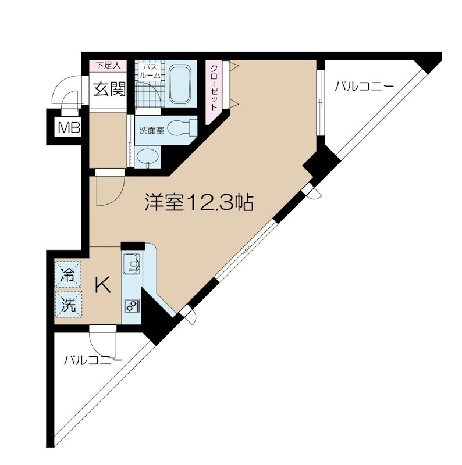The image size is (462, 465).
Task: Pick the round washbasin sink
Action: [x=148, y=156]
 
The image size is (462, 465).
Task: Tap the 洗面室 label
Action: [x=151, y=131]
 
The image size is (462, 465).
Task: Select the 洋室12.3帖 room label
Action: [x=198, y=202]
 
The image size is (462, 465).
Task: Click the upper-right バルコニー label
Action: [x=364, y=87]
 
